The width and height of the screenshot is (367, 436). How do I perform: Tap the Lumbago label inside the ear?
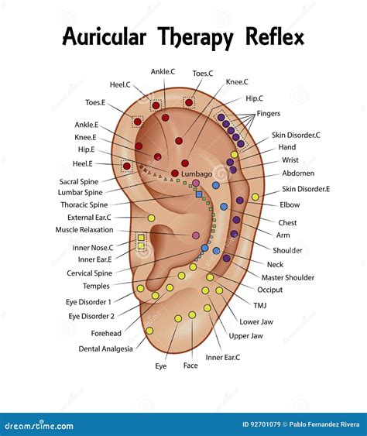coord(197,174)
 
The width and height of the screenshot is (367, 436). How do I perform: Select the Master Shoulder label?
coord(288,277)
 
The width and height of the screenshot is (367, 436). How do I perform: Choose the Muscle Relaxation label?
coord(84,230)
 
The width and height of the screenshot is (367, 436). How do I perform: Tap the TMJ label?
coord(261,305)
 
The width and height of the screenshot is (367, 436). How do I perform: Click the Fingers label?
coord(268,114)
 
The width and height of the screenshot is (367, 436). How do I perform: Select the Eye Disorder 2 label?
coord(91,316)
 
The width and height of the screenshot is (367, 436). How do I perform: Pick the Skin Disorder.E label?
coord(305,188)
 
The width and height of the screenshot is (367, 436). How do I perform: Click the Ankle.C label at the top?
coord(163,72)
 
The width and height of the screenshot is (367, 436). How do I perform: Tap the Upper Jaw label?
coord(245,336)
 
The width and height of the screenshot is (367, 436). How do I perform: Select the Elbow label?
coord(290,205)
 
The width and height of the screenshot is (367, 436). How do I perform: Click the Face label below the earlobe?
coord(190,366)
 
